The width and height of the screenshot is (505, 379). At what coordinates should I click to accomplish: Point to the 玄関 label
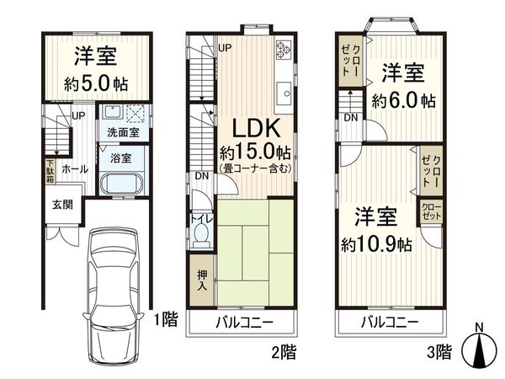[x=52, y=204]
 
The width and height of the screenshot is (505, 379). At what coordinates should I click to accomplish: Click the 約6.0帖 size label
[x=404, y=100]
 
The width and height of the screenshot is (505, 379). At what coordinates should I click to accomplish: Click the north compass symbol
[x=479, y=347]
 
